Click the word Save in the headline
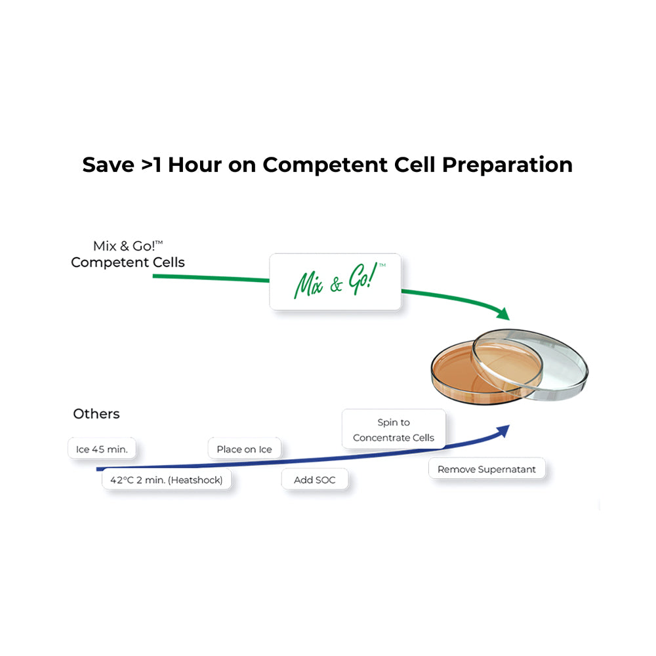pyautogui.click(x=108, y=165)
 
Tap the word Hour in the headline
pyautogui.click(x=195, y=165)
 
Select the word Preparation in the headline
pyautogui.click(x=507, y=165)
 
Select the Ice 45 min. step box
pyautogui.click(x=102, y=449)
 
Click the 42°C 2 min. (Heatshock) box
pyautogui.click(x=167, y=480)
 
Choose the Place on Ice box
pyautogui.click(x=244, y=449)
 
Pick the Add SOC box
pyautogui.click(x=315, y=480)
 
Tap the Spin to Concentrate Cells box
pyautogui.click(x=394, y=430)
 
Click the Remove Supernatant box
pyautogui.click(x=487, y=469)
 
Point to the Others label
pyautogui.click(x=96, y=414)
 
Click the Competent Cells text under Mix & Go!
pyautogui.click(x=128, y=262)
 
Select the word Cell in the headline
pyautogui.click(x=415, y=165)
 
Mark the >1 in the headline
pyautogui.click(x=152, y=165)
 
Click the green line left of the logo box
pyautogui.click(x=211, y=277)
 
